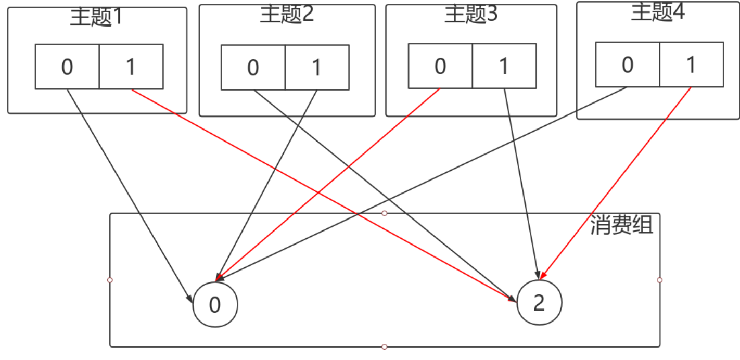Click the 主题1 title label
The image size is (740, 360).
click(96, 17)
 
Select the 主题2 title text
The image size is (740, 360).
click(287, 15)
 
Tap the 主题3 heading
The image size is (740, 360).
click(471, 15)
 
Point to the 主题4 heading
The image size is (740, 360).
click(658, 13)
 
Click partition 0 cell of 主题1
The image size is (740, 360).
click(67, 67)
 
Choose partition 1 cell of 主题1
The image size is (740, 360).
click(131, 67)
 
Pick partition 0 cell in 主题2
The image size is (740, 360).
click(253, 68)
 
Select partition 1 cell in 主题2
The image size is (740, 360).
click(317, 68)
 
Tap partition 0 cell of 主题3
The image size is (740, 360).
click(440, 66)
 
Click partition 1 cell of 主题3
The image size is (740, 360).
click(504, 66)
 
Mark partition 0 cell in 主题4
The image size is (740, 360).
click(628, 65)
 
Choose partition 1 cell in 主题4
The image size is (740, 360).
click(692, 65)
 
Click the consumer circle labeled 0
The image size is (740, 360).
click(215, 305)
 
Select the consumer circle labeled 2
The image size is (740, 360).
click(539, 303)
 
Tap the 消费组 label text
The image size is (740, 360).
click(621, 226)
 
